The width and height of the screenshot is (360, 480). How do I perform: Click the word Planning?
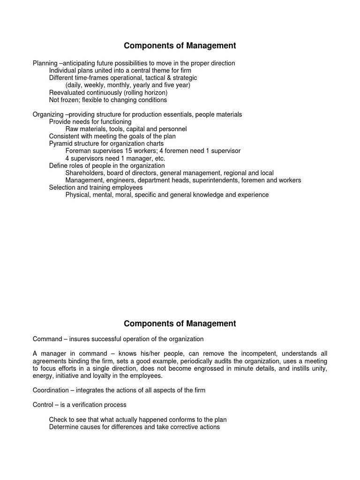click(45, 63)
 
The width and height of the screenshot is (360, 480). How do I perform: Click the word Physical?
click(78, 195)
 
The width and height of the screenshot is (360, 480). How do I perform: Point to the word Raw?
click(72, 129)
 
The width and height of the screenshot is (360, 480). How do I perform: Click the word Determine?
click(65, 427)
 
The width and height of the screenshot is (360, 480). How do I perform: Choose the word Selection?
click(63, 187)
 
